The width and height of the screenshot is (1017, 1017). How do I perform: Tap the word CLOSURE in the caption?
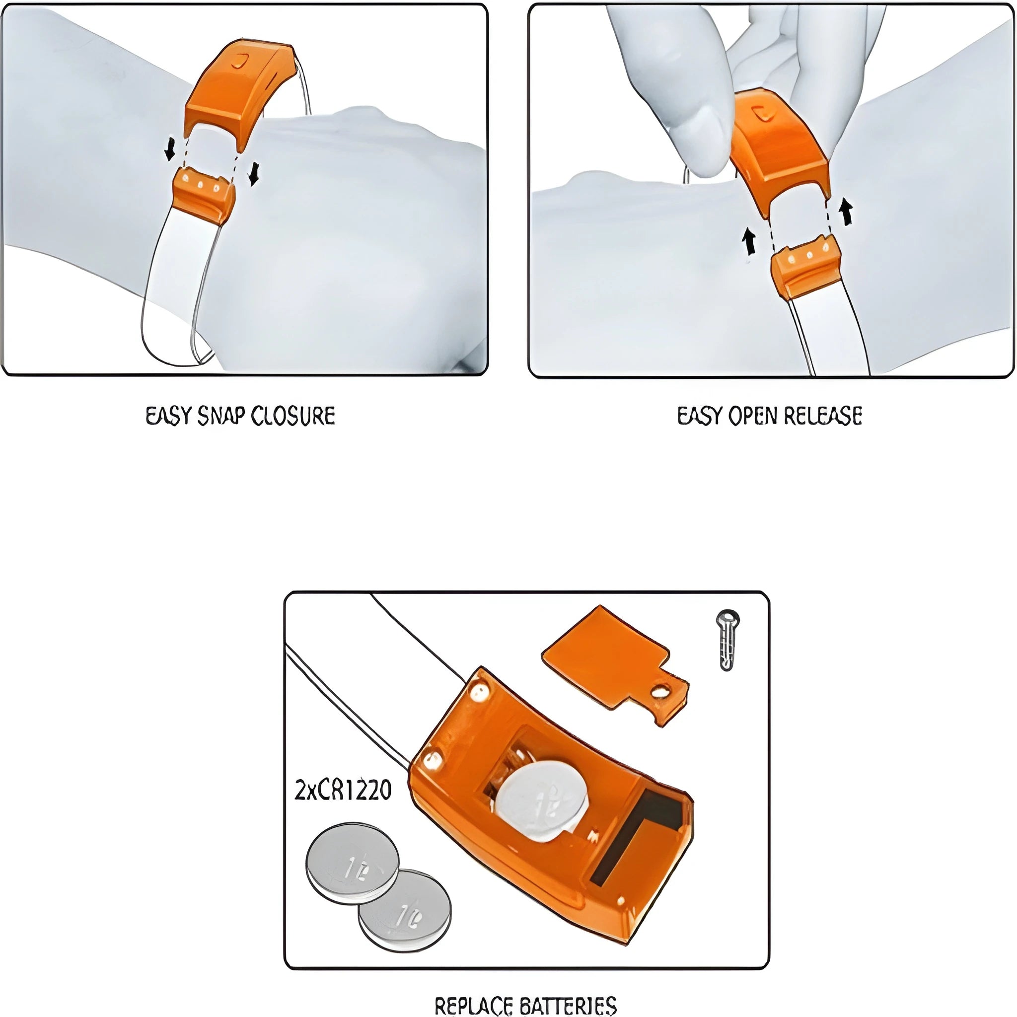tap(292, 416)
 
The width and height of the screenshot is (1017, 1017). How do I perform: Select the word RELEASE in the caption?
tap(823, 416)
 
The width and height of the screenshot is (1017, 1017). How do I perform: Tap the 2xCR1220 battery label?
tap(343, 790)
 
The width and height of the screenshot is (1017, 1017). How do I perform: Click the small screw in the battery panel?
tap(728, 640)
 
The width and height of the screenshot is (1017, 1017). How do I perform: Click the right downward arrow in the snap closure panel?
tap(254, 174)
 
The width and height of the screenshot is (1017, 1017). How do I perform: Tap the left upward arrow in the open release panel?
tap(748, 242)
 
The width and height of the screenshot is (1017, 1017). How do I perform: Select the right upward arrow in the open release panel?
tap(846, 211)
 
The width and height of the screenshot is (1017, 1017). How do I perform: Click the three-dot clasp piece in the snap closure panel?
tap(204, 192)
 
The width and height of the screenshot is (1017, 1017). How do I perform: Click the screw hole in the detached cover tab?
tap(660, 691)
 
